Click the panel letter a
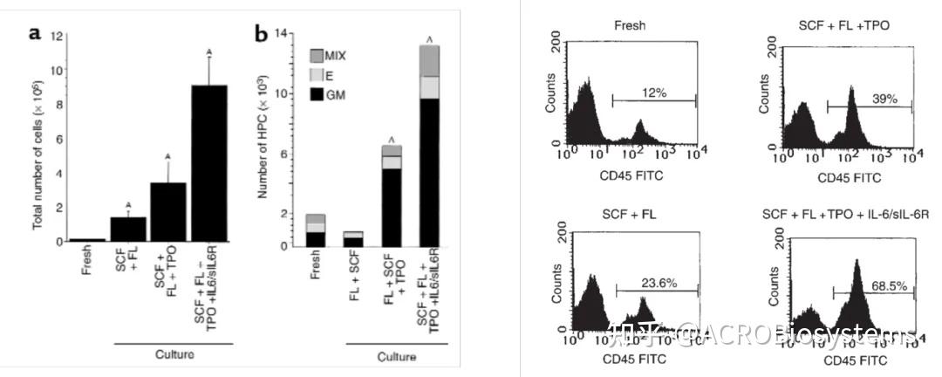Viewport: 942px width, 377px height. (35, 34)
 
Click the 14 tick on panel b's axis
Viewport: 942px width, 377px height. (280, 32)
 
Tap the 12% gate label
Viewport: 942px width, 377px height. (641, 93)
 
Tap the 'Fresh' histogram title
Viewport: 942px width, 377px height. (629, 25)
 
